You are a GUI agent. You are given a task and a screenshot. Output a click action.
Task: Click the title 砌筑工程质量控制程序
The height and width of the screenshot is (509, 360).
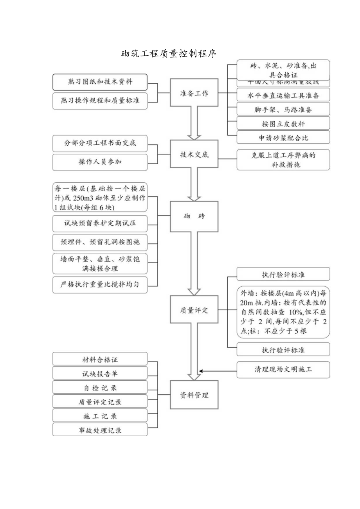[x=169, y=54]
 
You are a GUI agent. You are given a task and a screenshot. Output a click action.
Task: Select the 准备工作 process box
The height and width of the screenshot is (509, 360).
[x=194, y=93]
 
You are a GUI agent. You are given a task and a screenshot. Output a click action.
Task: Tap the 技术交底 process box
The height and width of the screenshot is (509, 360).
[x=194, y=154]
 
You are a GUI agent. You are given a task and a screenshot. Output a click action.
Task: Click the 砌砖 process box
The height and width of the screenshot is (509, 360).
[x=194, y=216]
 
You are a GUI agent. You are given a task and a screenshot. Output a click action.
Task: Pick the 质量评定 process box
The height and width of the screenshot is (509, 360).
[x=194, y=310]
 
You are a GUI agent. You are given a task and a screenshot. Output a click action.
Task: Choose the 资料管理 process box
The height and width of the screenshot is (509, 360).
[x=194, y=395]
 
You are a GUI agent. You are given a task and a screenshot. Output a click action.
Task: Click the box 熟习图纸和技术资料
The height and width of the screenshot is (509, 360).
[x=100, y=82]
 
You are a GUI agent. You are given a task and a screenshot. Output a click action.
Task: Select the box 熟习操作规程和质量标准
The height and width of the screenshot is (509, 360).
[x=100, y=100]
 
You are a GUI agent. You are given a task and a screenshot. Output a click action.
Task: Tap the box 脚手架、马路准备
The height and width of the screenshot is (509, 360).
[x=283, y=109]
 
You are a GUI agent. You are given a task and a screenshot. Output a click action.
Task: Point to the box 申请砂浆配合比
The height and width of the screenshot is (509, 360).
[x=283, y=137]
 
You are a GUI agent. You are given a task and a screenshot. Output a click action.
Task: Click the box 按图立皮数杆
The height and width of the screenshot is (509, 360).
[x=283, y=123]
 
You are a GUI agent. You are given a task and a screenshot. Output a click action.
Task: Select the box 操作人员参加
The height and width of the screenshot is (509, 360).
[x=100, y=162]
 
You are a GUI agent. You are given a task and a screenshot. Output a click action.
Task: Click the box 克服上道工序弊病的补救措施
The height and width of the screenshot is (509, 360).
[x=283, y=159]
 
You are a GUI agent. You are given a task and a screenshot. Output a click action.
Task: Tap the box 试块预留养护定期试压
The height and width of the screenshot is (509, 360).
[x=100, y=224]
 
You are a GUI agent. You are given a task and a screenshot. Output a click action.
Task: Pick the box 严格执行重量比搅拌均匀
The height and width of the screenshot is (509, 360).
[x=100, y=284]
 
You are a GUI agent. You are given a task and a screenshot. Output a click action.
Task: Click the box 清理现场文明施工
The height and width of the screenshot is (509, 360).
[x=283, y=369]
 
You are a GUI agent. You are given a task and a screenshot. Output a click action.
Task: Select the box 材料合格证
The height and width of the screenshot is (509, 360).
[x=100, y=359]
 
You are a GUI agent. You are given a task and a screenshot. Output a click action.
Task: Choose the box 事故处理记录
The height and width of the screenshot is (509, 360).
[x=100, y=430]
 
